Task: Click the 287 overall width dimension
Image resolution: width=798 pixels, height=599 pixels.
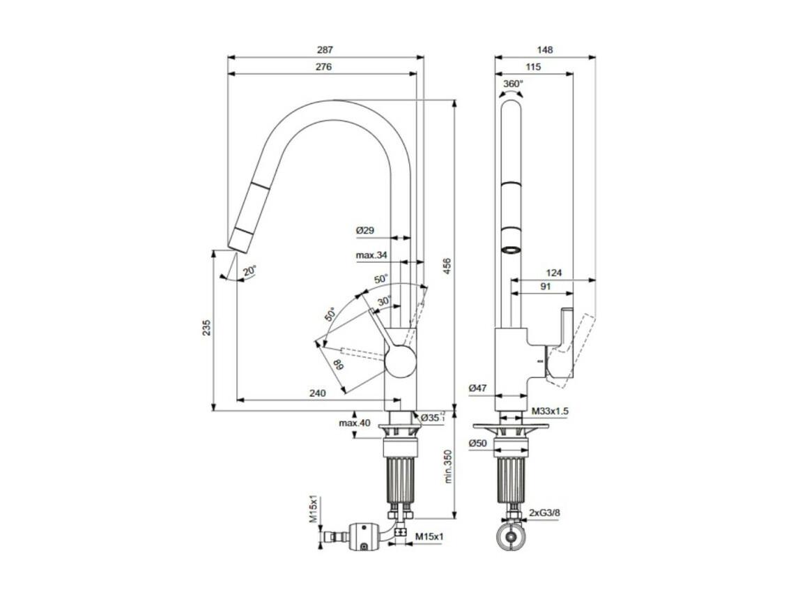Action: (325, 50)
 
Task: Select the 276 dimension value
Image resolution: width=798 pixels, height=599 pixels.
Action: (323, 67)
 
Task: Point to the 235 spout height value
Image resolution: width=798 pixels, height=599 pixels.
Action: (206, 328)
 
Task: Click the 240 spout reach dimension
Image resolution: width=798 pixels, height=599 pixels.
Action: (318, 393)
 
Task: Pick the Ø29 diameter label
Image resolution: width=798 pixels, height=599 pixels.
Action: (365, 231)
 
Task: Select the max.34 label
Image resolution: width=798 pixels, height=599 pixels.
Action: (371, 255)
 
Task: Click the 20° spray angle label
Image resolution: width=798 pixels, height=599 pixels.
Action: (250, 271)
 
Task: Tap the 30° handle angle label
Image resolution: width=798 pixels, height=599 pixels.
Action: (385, 301)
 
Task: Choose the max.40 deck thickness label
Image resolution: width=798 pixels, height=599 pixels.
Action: (355, 423)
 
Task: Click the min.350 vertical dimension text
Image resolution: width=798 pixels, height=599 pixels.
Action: (447, 466)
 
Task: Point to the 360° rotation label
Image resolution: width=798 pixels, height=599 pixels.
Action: (513, 84)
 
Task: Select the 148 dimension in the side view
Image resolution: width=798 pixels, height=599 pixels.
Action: (544, 50)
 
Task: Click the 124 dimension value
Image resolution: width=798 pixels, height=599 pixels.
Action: (553, 273)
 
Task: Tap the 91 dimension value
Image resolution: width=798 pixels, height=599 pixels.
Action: (545, 287)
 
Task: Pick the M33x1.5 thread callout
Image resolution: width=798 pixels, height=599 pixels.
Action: (550, 411)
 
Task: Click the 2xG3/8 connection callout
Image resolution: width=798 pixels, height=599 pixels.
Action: (544, 513)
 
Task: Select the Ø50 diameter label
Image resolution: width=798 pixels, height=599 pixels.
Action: (478, 443)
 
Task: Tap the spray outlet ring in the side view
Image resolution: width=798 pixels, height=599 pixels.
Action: (511, 250)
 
